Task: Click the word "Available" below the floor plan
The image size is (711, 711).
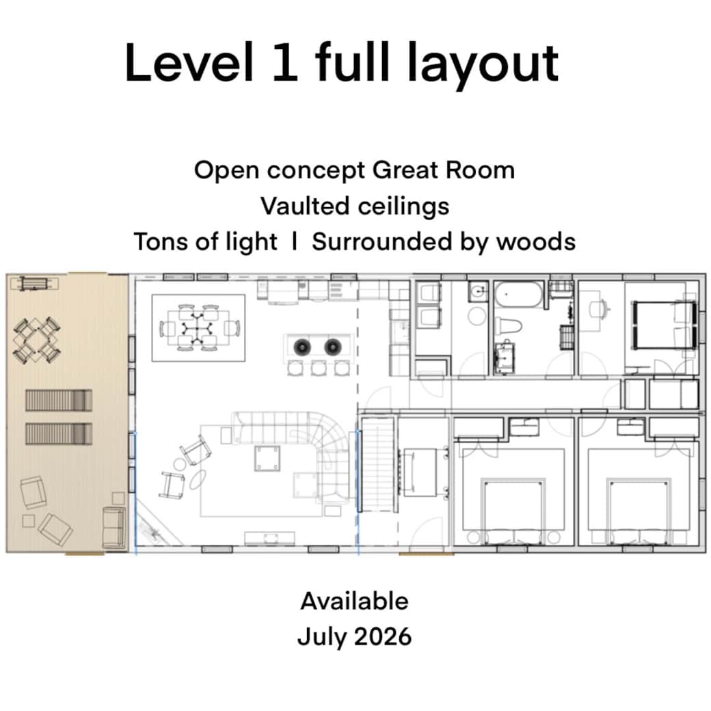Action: (x=354, y=601)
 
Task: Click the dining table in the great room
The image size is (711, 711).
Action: (x=198, y=328)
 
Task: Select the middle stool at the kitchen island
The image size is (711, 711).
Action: (x=318, y=368)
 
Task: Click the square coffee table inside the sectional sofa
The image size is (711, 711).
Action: (x=265, y=457)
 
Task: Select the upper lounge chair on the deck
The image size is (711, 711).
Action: (x=58, y=400)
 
